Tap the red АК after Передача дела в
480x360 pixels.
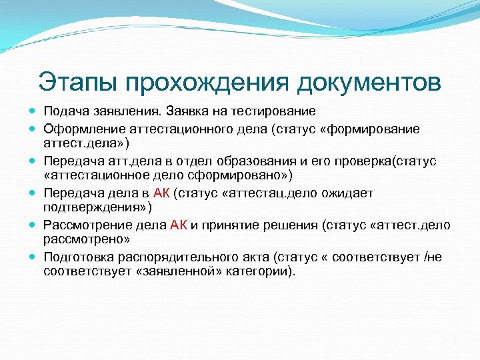162,193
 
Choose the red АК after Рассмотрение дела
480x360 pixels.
179,225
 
